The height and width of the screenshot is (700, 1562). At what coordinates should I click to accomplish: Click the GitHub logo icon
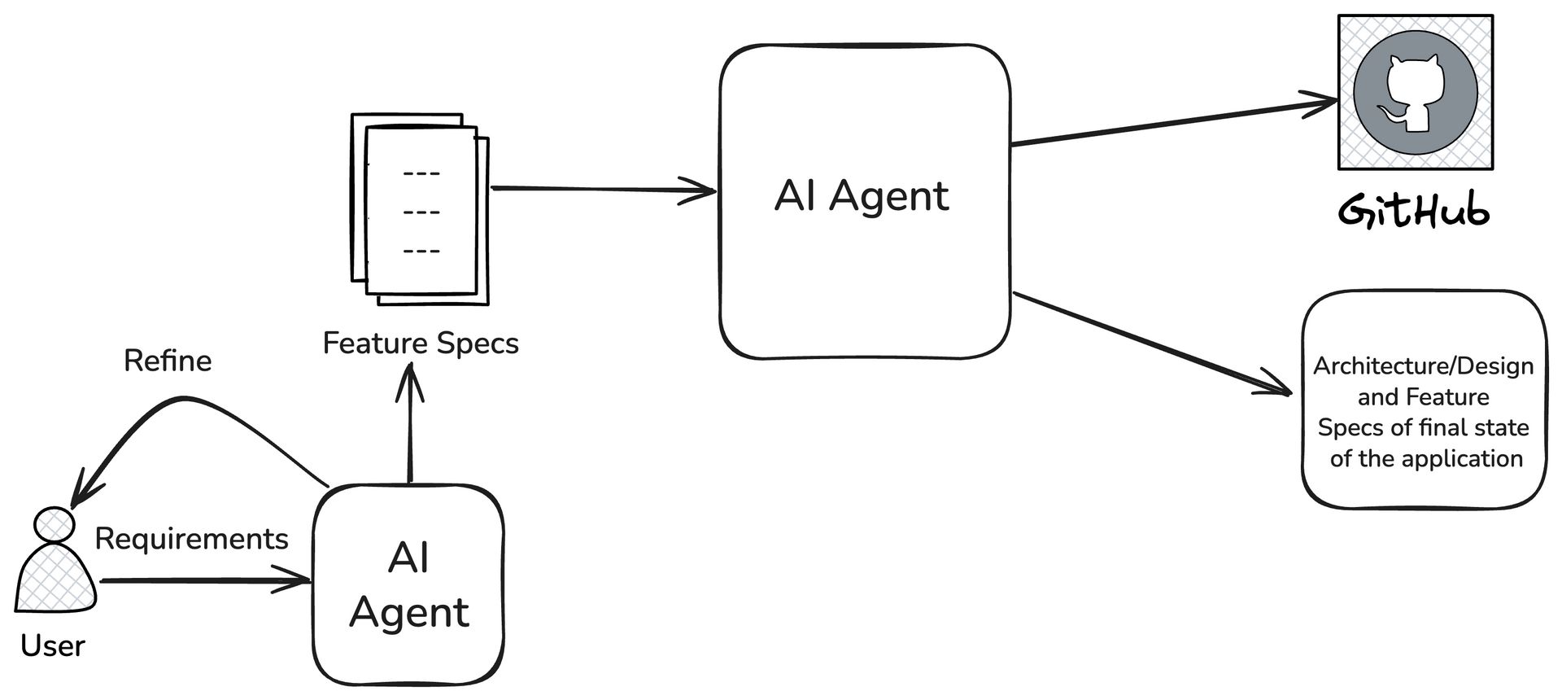pos(1416,92)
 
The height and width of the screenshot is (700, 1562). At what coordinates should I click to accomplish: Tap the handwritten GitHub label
pos(1414,211)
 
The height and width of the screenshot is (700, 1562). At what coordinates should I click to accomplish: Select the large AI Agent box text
pos(862,196)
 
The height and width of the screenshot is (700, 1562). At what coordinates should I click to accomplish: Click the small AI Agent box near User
pos(408,584)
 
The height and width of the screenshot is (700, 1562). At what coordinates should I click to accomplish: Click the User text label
pos(52,645)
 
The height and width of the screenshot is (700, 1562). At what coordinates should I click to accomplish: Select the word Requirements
pos(191,539)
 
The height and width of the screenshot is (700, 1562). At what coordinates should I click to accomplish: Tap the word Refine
pos(168,361)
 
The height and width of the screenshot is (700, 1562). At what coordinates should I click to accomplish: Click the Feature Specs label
pos(421,343)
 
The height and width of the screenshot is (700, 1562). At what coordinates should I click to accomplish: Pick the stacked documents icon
pos(421,209)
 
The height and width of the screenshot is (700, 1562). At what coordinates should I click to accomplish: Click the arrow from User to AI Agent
pos(203,581)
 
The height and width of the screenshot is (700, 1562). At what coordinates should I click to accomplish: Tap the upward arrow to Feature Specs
pos(409,423)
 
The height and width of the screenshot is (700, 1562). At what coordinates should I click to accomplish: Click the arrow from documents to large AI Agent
pos(602,190)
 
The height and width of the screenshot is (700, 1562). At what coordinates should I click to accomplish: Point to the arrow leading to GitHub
pos(1171,124)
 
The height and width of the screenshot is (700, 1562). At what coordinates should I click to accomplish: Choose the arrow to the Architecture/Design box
pos(1151,343)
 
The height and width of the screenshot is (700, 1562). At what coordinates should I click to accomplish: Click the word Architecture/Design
pos(1423,366)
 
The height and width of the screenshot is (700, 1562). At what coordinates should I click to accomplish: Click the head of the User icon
pos(55,524)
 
